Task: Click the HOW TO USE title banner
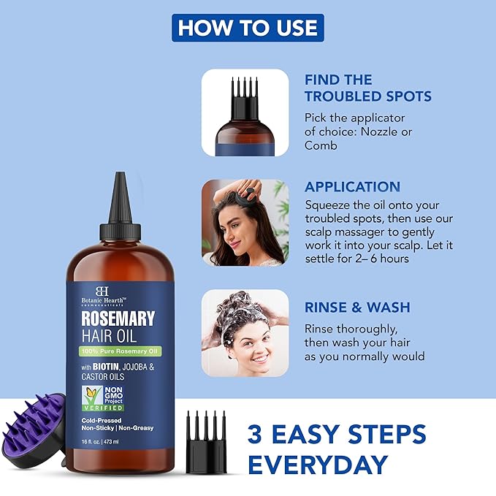(x=248, y=27)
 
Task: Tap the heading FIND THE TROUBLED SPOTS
(x=367, y=88)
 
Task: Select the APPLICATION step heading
(x=352, y=186)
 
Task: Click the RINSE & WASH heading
(x=357, y=307)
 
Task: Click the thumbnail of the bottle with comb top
(x=245, y=112)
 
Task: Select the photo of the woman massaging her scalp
(x=245, y=222)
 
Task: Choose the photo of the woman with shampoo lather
(x=245, y=333)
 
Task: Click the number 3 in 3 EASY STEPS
(x=256, y=432)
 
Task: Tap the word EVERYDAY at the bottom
(x=317, y=464)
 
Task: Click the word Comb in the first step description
(x=321, y=145)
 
